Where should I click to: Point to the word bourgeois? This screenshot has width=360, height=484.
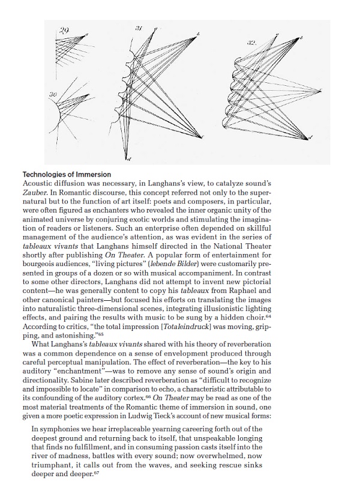tap(39, 262)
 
